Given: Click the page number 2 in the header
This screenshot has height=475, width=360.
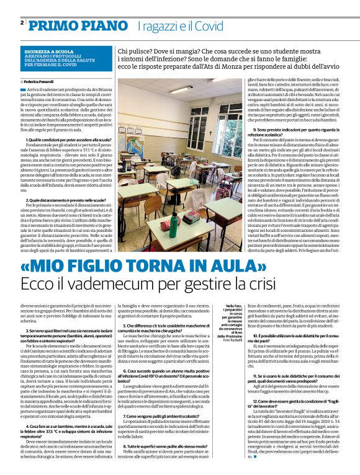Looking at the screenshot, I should [22, 22].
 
